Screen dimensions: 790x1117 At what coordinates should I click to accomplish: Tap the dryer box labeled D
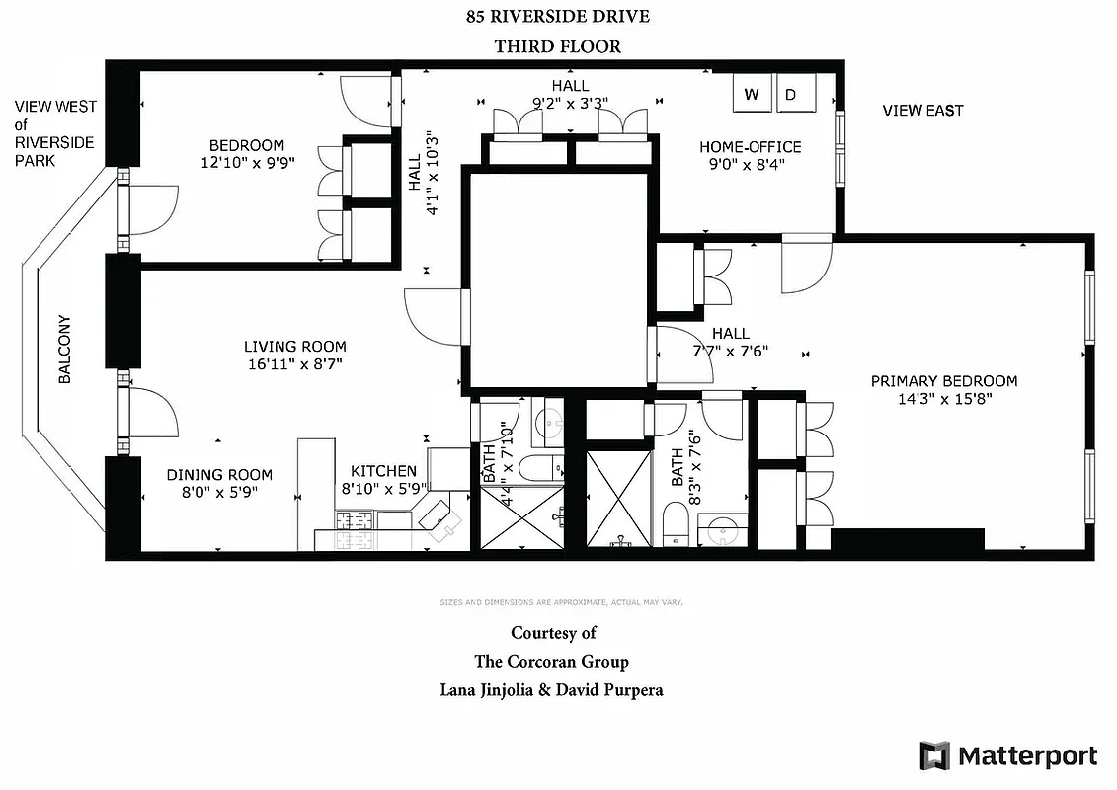pos(792,94)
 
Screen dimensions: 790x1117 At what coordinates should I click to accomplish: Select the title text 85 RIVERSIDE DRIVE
pos(558,17)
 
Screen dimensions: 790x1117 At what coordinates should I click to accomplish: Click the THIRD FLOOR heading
pos(558,46)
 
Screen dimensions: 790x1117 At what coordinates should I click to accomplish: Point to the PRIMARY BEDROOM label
pos(943,381)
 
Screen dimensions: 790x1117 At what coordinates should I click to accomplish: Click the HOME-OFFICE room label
pos(750,147)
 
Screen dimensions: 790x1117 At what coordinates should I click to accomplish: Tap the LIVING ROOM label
pos(295,347)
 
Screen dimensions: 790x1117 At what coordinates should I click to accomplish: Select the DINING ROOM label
pos(219,475)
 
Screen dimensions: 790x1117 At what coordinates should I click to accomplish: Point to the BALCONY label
pos(65,350)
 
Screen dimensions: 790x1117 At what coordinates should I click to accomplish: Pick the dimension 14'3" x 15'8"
pos(943,399)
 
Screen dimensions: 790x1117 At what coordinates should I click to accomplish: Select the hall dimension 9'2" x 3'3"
pos(570,101)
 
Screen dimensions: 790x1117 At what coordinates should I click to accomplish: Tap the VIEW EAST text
pos(922,111)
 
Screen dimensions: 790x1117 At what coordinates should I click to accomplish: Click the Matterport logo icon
pos(934,755)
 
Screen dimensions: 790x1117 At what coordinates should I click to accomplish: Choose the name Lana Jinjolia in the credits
pos(490,690)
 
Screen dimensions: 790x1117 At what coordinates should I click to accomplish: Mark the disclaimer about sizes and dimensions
pos(560,601)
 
